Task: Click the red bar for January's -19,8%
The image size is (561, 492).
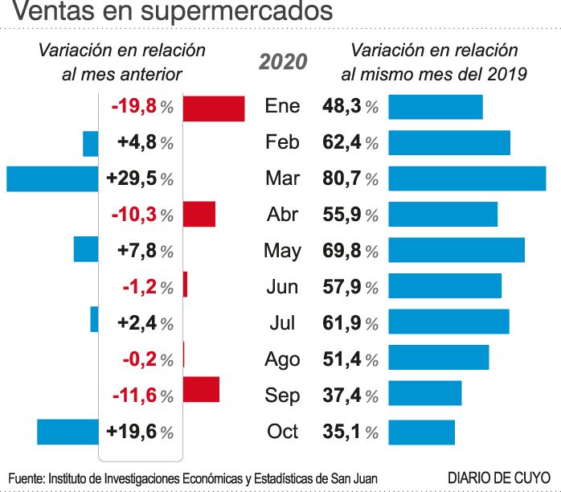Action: (214, 108)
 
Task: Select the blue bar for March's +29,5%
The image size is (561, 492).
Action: (51, 178)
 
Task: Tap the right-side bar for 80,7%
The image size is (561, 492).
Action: (467, 178)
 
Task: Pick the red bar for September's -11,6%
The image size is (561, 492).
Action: (201, 389)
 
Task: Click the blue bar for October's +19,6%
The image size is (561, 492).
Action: (68, 432)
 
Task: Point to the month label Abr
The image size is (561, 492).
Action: (282, 215)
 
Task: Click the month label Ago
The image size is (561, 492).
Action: (282, 359)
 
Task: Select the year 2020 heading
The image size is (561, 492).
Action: (283, 61)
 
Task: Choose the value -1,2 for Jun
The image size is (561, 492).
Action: (138, 287)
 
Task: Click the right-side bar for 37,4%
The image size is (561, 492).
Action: (425, 393)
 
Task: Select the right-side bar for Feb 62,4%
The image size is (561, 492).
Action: (449, 142)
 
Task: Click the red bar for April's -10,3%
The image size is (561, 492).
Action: (199, 215)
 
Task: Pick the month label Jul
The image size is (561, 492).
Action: (282, 323)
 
